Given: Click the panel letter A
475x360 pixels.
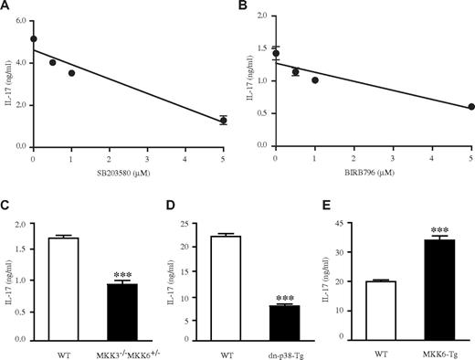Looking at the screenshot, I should point(6,7).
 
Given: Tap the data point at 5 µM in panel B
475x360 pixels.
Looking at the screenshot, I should point(470,107).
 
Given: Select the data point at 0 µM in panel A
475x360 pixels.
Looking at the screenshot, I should point(34,39).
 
